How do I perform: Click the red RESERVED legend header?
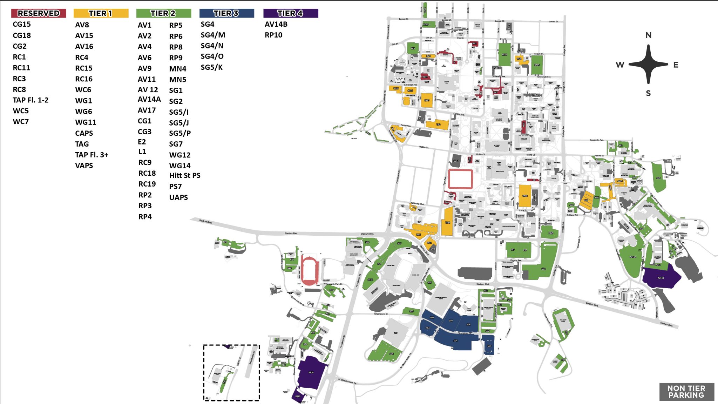point(39,13)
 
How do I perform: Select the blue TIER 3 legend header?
point(226,13)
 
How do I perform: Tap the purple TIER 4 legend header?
point(290,13)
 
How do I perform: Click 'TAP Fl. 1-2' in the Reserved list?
point(31,100)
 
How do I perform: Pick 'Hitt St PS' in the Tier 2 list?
point(185,176)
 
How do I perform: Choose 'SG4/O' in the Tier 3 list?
point(212,56)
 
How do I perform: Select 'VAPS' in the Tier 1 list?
point(84,166)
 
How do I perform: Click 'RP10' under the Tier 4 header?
point(273,35)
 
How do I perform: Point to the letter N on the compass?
point(648,35)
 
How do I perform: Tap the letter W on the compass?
point(620,65)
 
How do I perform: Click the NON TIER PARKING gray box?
point(686,392)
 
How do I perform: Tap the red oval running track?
point(309,270)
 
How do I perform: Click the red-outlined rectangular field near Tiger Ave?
point(460,179)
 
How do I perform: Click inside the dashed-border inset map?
point(231,373)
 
